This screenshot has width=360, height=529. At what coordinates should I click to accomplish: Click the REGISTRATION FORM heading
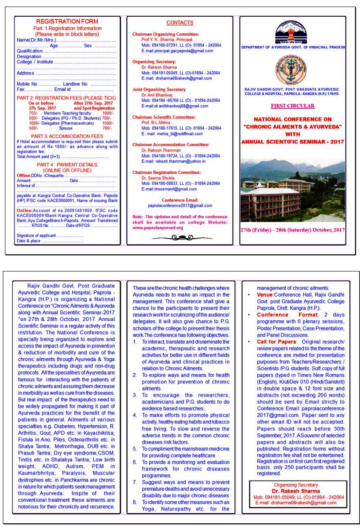tap(67, 22)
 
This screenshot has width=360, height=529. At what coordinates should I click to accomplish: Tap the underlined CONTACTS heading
tap(180, 23)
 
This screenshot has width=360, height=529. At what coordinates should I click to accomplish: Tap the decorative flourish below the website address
tap(179, 238)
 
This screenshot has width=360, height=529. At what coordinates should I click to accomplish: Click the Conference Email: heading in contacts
tap(180, 200)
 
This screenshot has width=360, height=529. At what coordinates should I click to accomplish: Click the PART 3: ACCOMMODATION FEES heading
tap(67, 136)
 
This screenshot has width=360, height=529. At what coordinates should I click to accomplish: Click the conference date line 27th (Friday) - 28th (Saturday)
tap(292, 230)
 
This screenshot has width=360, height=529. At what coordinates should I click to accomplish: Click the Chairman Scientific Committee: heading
tap(164, 117)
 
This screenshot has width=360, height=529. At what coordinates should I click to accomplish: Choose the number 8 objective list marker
tap(135, 502)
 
